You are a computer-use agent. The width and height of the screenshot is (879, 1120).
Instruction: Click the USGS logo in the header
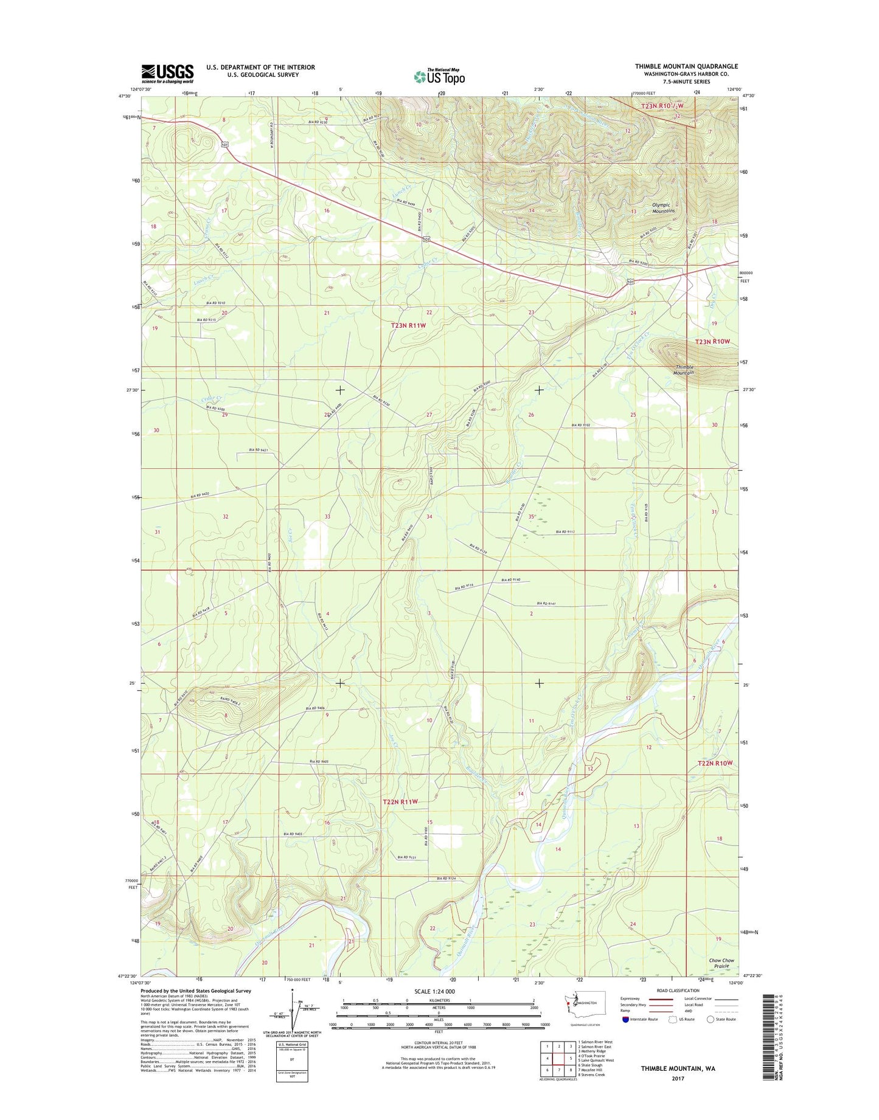click(x=167, y=73)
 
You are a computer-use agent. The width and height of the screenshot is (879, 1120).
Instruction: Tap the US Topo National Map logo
click(x=439, y=76)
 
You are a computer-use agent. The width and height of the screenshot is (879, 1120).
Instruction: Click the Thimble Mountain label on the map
click(x=684, y=370)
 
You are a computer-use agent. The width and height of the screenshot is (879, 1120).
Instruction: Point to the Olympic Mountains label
click(x=664, y=209)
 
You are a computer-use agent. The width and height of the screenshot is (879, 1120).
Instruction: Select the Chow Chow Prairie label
click(x=721, y=963)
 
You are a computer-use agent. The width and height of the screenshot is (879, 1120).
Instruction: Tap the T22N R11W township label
click(x=400, y=801)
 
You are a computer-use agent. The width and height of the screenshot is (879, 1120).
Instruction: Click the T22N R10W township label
click(x=715, y=762)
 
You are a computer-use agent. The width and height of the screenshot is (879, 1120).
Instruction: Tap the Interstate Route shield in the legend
click(x=625, y=1019)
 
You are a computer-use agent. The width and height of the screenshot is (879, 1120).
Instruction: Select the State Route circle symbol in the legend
click(x=710, y=1019)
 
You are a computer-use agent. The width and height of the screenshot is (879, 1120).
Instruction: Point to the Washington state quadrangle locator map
click(x=574, y=1007)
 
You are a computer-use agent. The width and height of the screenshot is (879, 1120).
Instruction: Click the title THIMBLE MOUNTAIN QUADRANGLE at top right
click(x=686, y=66)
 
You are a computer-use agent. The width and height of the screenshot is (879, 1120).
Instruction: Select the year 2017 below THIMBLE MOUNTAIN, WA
click(x=678, y=1079)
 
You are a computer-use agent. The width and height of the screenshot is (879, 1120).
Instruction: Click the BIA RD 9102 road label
click(x=582, y=425)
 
